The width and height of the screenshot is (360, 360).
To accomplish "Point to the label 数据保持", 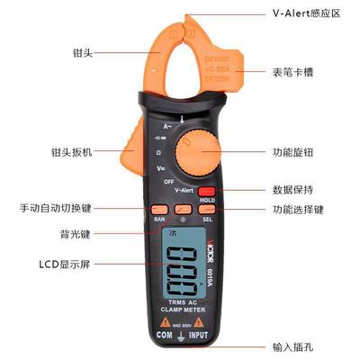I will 293,190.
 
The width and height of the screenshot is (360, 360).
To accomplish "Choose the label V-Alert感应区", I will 303,14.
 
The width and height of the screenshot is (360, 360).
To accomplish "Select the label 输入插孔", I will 293,346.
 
